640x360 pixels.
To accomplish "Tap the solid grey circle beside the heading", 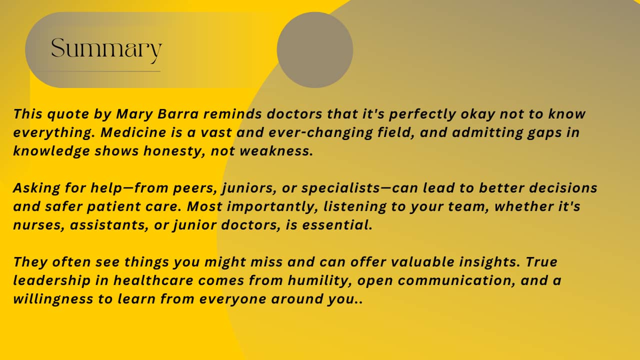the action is (315, 50).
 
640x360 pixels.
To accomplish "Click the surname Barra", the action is (177, 114).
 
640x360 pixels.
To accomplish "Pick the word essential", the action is (337, 225).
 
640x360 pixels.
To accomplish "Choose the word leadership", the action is (52, 281).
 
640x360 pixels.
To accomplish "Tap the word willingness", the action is (53, 299).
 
